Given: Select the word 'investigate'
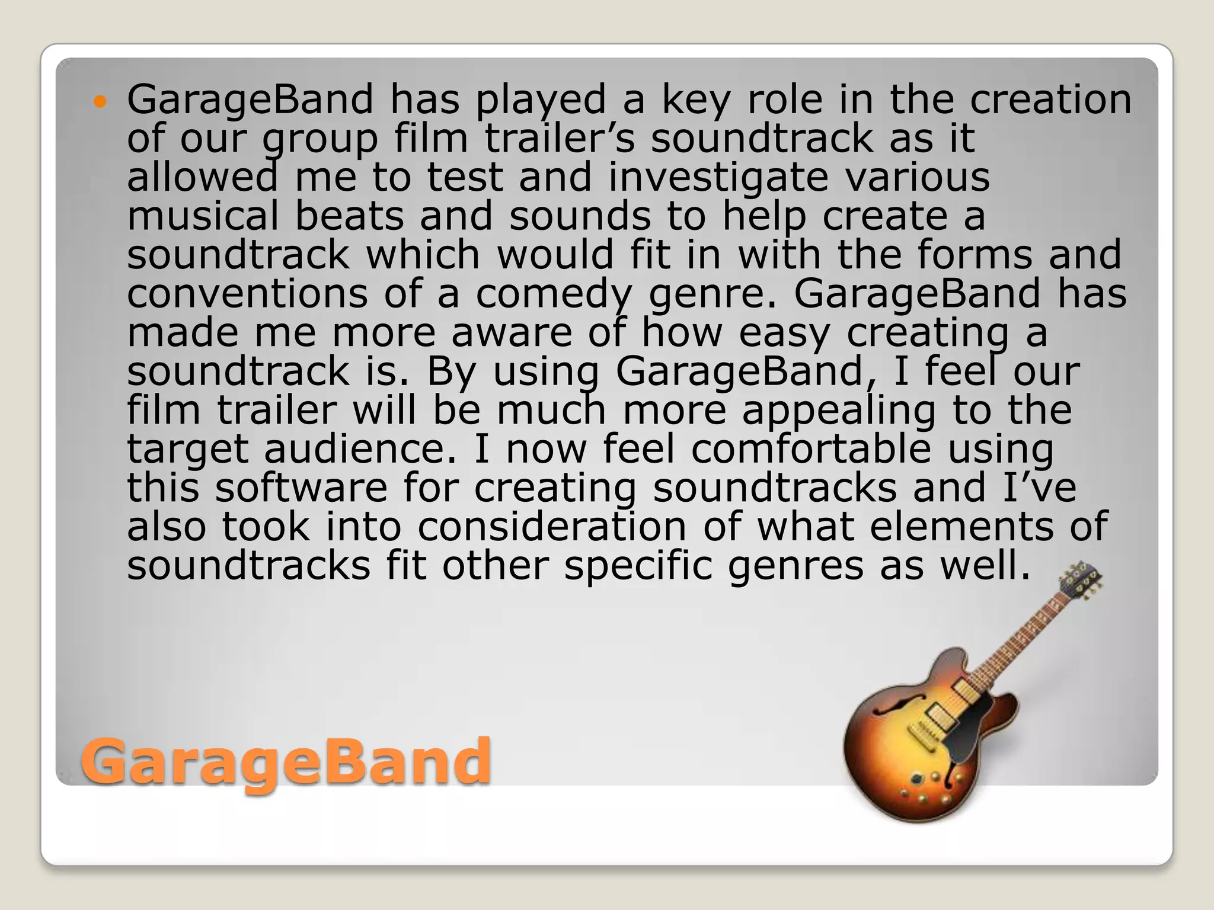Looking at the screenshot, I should tap(718, 177).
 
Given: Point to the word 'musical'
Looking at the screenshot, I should tap(203, 216).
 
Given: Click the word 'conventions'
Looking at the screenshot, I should tap(247, 293).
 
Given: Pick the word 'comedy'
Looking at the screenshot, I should tap(554, 294).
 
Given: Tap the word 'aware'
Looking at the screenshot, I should tap(512, 332).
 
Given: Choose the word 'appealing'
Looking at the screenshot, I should tap(839, 411).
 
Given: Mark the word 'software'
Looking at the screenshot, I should tap(301, 488).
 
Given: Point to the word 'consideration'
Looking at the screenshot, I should tap(552, 527).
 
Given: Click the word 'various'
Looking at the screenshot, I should tap(918, 177).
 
